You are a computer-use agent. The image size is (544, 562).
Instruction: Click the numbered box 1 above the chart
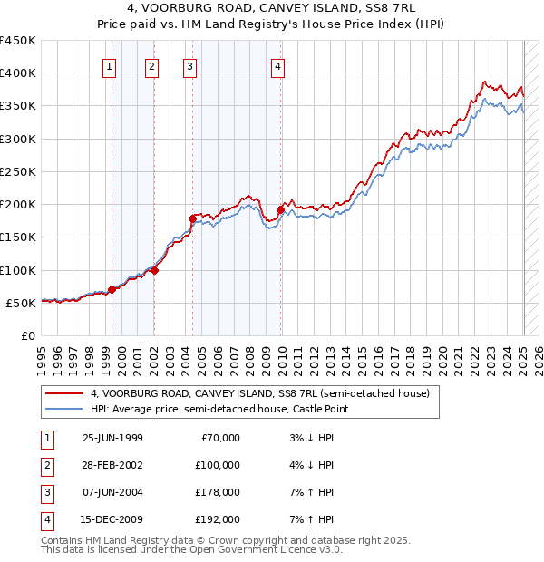coord(109,65)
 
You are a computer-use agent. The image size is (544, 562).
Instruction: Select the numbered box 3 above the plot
coord(189,65)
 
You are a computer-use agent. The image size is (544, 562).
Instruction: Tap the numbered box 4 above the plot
coord(277,65)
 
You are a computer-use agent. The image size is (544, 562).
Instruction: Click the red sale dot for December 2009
coord(281,210)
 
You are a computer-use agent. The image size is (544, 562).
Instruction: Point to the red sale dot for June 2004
coord(192,218)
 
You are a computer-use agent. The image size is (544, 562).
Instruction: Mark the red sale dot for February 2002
coord(155,270)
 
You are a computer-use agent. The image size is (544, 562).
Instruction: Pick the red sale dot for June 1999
coord(112,289)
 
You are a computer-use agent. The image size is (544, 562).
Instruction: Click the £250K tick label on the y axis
coord(18,171)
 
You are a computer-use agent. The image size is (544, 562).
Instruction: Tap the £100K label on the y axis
coord(18,270)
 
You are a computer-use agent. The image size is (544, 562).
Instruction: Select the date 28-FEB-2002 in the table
coord(112,464)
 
